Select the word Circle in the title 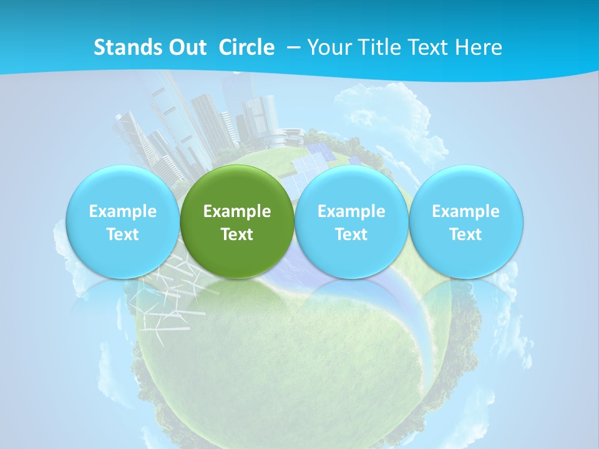pyautogui.click(x=246, y=47)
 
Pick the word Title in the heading pyautogui.click(x=379, y=47)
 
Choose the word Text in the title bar pyautogui.click(x=427, y=47)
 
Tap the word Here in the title pyautogui.click(x=479, y=47)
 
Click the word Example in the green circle pyautogui.click(x=237, y=211)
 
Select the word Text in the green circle pyautogui.click(x=237, y=234)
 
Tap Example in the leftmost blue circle pyautogui.click(x=123, y=211)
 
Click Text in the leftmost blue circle pyautogui.click(x=123, y=234)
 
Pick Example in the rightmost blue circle pyautogui.click(x=465, y=211)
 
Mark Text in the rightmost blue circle pyautogui.click(x=465, y=234)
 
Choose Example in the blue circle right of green pyautogui.click(x=351, y=211)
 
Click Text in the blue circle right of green pyautogui.click(x=351, y=234)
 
